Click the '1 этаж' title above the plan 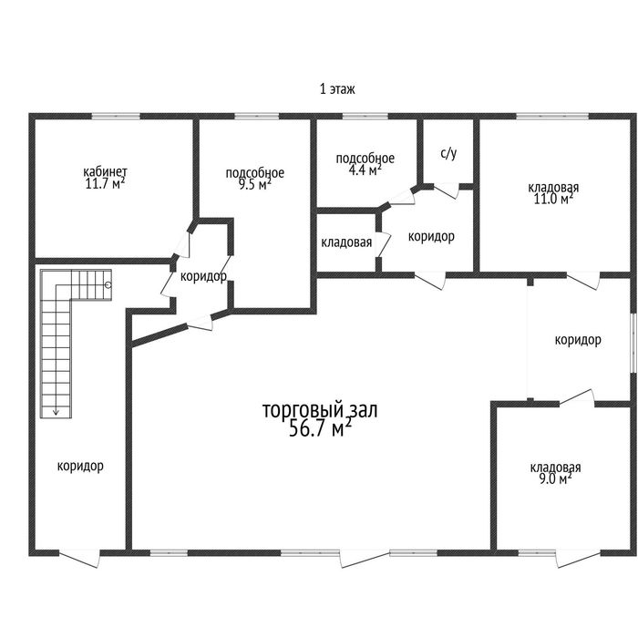pyautogui.click(x=337, y=88)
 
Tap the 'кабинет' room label pyautogui.click(x=105, y=171)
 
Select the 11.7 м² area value pyautogui.click(x=105, y=184)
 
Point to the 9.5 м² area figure pyautogui.click(x=254, y=185)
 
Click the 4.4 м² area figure pyautogui.click(x=365, y=170)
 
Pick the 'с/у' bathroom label pyautogui.click(x=448, y=153)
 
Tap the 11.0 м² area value pyautogui.click(x=553, y=200)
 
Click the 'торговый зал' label pyautogui.click(x=320, y=410)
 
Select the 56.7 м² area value pyautogui.click(x=320, y=428)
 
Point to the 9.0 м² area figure pyautogui.click(x=555, y=478)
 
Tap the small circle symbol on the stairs pyautogui.click(x=108, y=285)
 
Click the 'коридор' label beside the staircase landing pyautogui.click(x=203, y=277)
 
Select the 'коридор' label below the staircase pyautogui.click(x=80, y=466)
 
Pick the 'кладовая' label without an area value pyautogui.click(x=346, y=242)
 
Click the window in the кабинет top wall pyautogui.click(x=116, y=117)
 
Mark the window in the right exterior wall pyautogui.click(x=633, y=343)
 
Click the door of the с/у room pyautogui.click(x=447, y=190)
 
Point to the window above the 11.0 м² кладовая pyautogui.click(x=552, y=117)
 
